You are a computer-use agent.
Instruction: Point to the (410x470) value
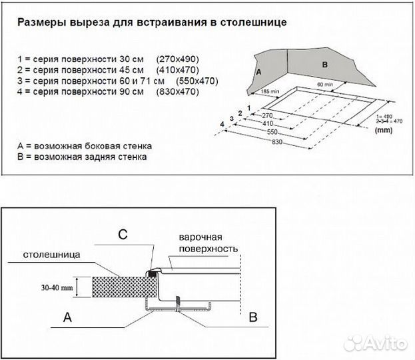tap(178, 69)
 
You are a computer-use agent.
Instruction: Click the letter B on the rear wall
tap(324, 65)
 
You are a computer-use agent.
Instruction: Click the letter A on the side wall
tap(258, 69)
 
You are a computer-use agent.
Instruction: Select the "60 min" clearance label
tap(326, 85)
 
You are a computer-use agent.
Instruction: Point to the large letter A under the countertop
tap(67, 318)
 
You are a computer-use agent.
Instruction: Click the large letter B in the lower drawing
tap(253, 317)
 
